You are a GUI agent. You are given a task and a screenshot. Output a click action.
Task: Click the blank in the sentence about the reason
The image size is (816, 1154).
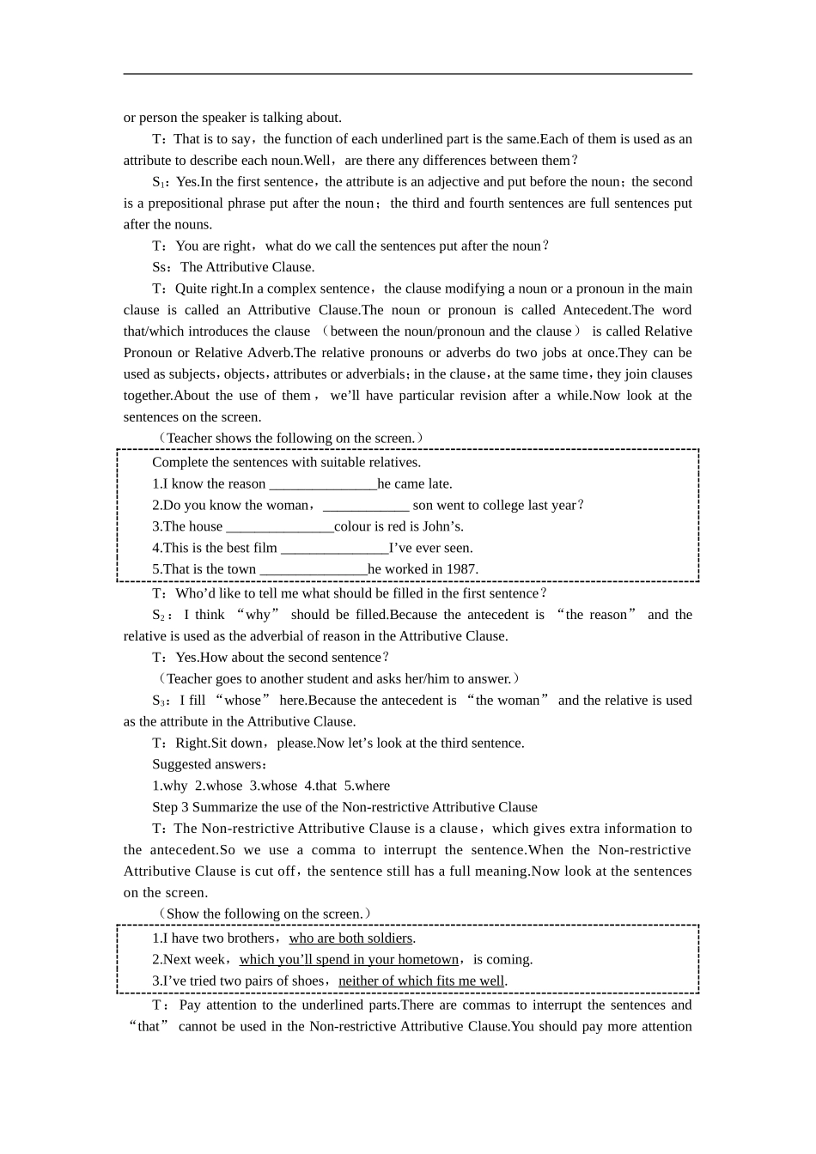(x=323, y=484)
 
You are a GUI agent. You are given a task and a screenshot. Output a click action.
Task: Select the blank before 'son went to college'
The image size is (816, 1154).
(x=365, y=506)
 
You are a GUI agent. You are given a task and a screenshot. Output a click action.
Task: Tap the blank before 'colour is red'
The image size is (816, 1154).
(x=279, y=527)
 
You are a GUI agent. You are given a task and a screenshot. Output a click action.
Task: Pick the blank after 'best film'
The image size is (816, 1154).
(x=334, y=549)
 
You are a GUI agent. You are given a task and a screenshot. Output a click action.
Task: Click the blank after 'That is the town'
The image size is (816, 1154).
(x=313, y=570)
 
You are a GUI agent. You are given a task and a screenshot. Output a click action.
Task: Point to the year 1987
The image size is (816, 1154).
(x=462, y=569)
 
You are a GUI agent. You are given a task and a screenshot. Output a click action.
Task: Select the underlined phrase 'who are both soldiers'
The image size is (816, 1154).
(x=350, y=938)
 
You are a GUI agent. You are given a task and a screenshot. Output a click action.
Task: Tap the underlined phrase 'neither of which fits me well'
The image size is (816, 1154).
(x=421, y=981)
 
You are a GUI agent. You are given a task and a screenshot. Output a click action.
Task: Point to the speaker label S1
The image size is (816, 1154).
(x=160, y=182)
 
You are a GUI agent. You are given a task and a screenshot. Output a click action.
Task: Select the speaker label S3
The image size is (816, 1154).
(x=160, y=701)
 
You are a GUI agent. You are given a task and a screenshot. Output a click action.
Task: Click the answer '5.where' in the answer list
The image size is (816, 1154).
(x=367, y=786)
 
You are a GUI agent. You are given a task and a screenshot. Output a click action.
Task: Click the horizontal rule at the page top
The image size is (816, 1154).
(x=408, y=74)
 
